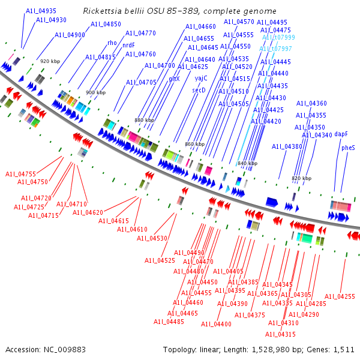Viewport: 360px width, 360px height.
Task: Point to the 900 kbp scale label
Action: click(95, 92)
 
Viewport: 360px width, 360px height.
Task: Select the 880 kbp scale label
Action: click(144, 120)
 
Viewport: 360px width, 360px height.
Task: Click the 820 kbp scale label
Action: click(301, 178)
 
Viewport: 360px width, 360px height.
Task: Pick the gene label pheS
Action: click(348, 147)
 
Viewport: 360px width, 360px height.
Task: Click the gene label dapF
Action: click(341, 134)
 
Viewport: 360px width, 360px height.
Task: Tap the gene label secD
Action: click(199, 90)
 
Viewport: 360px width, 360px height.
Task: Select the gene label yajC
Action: click(201, 78)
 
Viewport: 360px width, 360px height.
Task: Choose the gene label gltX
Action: click(174, 79)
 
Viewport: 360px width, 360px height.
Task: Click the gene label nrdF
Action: click(128, 45)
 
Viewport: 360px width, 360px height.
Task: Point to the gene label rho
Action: click(112, 43)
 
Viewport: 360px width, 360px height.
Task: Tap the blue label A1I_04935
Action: click(41, 11)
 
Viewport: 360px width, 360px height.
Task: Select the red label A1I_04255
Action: click(340, 296)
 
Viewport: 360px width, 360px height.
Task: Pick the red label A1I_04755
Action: click(20, 174)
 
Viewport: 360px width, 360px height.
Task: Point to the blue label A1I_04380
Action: click(287, 146)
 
